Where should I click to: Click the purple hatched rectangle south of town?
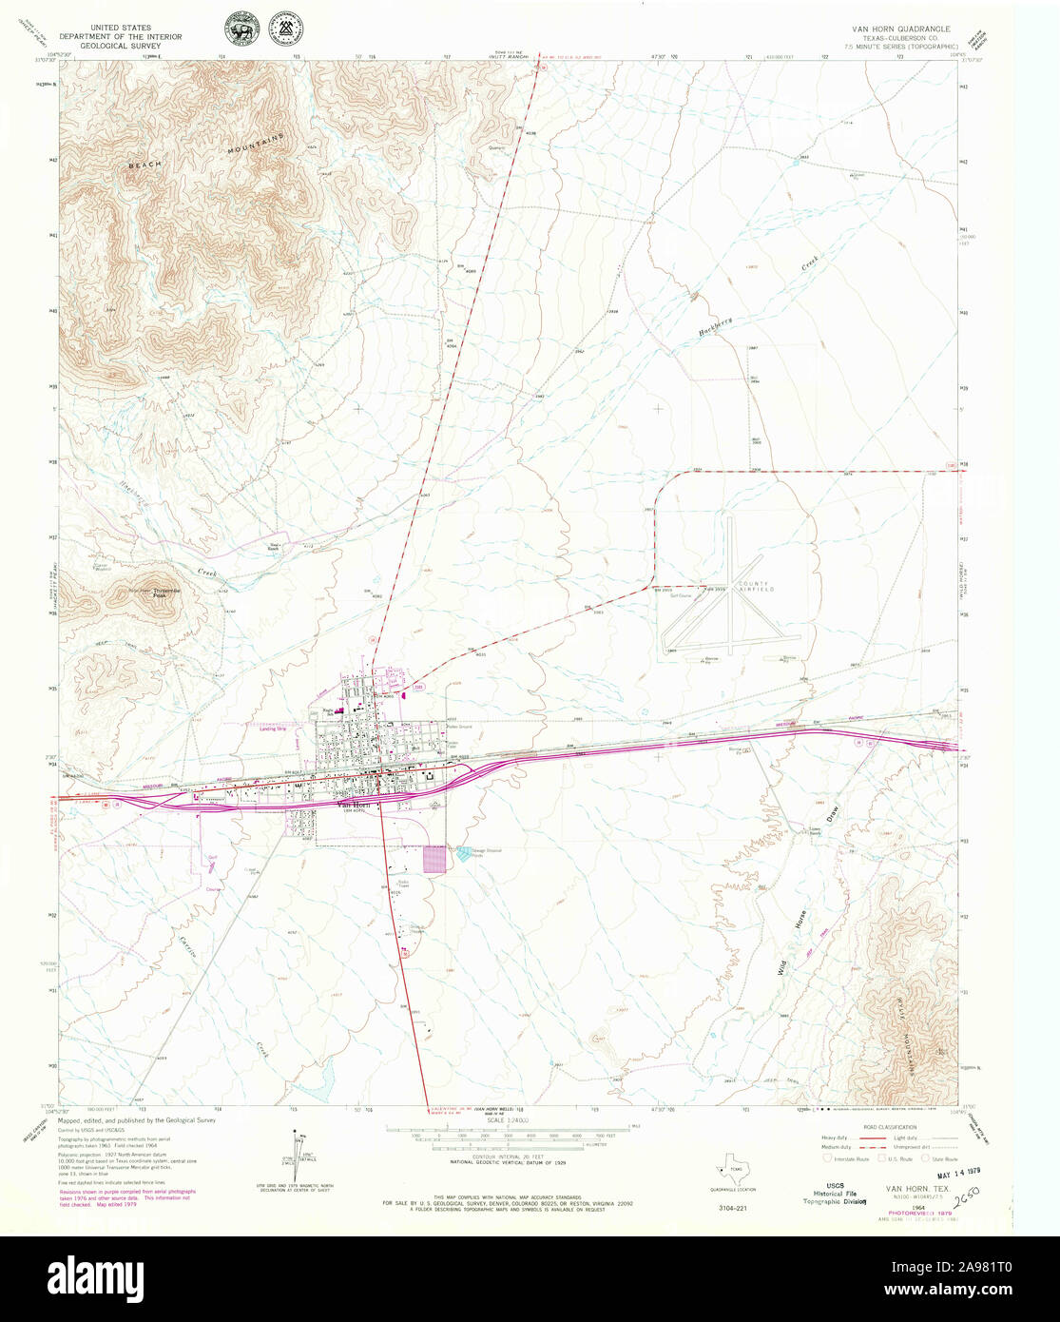(x=434, y=859)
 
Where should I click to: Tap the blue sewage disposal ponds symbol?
(x=463, y=854)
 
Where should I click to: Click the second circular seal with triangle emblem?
(x=282, y=29)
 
